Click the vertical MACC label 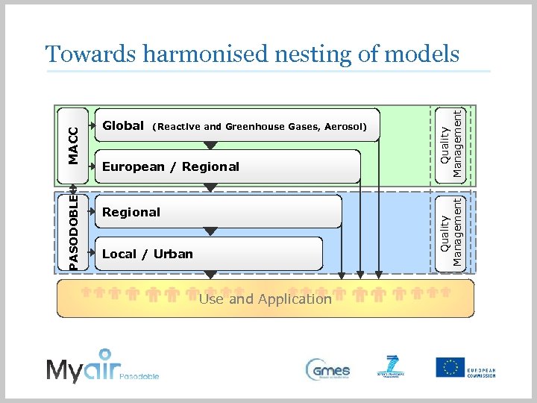73,144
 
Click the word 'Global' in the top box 123,126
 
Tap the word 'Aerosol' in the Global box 345,127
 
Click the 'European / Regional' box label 171,166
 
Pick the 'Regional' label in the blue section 131,212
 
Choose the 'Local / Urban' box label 147,254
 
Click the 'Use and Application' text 265,299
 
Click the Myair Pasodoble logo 102,366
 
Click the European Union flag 450,367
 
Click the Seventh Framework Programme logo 392,368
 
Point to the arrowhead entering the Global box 93,125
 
